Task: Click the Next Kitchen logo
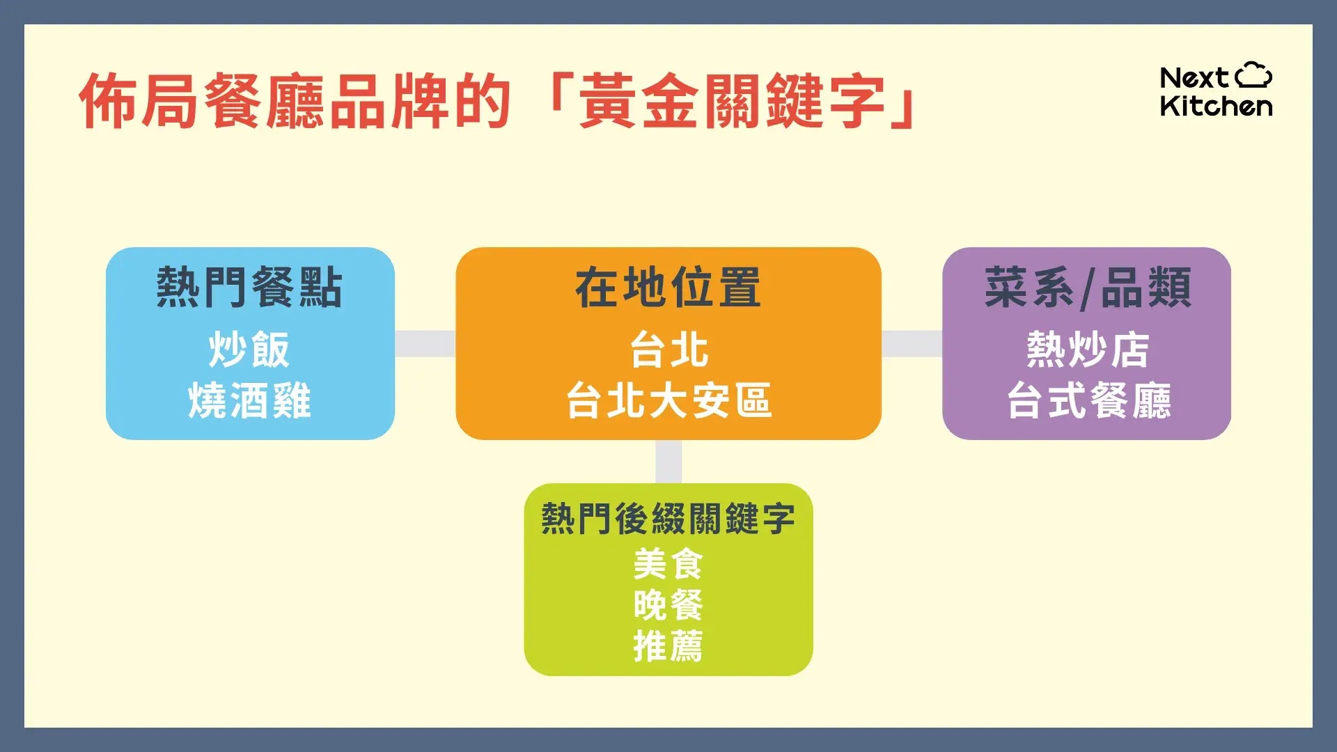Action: [x=1215, y=91]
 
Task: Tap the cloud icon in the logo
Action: [x=1253, y=75]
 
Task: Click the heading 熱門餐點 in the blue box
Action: [x=249, y=287]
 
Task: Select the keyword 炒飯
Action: [x=249, y=350]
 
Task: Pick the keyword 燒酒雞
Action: [x=249, y=400]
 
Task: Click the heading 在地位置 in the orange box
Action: [x=668, y=287]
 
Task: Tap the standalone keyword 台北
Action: [x=668, y=350]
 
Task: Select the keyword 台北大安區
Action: [x=668, y=400]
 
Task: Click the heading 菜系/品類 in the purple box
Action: [x=1087, y=287]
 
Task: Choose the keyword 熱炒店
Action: [x=1087, y=350]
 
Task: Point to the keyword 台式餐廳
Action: [x=1088, y=400]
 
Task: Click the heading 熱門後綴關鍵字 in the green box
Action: [x=668, y=519]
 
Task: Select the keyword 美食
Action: [x=668, y=563]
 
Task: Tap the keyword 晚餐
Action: [x=668, y=604]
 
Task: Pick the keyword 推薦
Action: [x=668, y=646]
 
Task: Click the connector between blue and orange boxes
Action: [x=425, y=343]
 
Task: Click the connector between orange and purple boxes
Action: [x=912, y=343]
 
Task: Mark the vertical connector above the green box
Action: [x=668, y=461]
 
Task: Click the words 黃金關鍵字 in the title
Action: [x=731, y=102]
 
